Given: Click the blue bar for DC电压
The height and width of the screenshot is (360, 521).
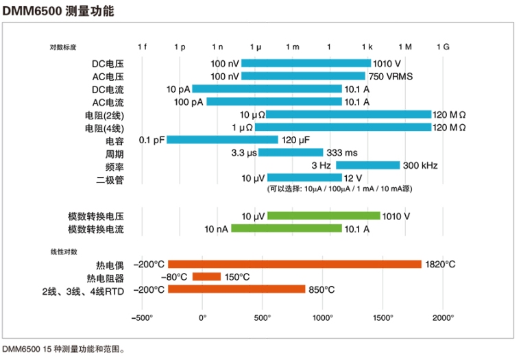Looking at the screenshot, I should (306, 63).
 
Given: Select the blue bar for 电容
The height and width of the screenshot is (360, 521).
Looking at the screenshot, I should (222, 140).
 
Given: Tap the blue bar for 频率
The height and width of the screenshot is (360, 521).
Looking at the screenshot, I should (367, 165).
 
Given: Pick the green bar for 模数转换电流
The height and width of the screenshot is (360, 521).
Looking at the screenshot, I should (286, 228).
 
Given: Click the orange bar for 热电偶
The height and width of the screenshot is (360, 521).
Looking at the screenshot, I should (295, 264).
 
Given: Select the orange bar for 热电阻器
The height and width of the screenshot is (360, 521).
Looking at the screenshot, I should (206, 277).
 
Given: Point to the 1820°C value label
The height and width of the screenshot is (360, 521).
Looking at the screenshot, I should (440, 264).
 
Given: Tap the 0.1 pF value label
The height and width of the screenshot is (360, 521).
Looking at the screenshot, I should (152, 140).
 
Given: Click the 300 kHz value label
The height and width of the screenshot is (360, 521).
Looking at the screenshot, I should (420, 165).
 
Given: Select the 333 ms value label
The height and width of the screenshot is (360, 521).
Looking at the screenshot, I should (341, 153).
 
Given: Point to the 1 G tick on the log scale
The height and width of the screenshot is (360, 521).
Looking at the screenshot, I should (443, 47).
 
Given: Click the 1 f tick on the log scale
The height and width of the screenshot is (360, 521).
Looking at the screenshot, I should (142, 47).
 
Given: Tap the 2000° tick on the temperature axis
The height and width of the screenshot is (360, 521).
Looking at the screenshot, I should (443, 317).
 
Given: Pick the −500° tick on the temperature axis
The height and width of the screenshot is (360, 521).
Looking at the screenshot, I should (142, 317).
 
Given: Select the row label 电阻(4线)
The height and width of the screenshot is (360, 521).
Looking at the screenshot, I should (105, 128).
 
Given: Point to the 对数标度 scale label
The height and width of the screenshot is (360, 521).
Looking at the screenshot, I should (63, 47).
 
